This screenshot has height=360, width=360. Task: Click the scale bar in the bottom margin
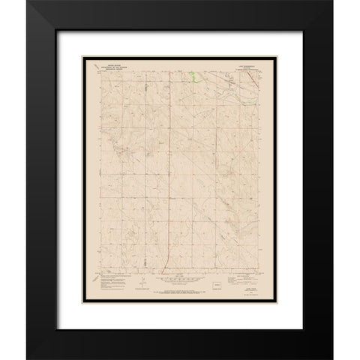179,286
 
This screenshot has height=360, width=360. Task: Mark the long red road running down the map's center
168,172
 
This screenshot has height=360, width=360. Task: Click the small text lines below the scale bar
179,290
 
